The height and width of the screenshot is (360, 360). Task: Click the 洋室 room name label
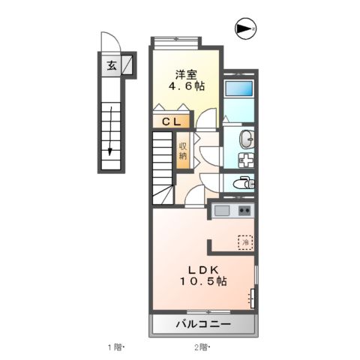coord(186,74)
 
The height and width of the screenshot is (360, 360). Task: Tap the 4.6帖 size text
coord(186,87)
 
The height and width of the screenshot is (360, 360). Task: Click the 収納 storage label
coord(182,150)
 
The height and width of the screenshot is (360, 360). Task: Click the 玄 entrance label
coord(111,64)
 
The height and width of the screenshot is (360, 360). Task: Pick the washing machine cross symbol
coord(246,159)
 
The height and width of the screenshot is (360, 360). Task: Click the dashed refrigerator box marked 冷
coord(245,242)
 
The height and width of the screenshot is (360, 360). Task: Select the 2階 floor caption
coord(201,347)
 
